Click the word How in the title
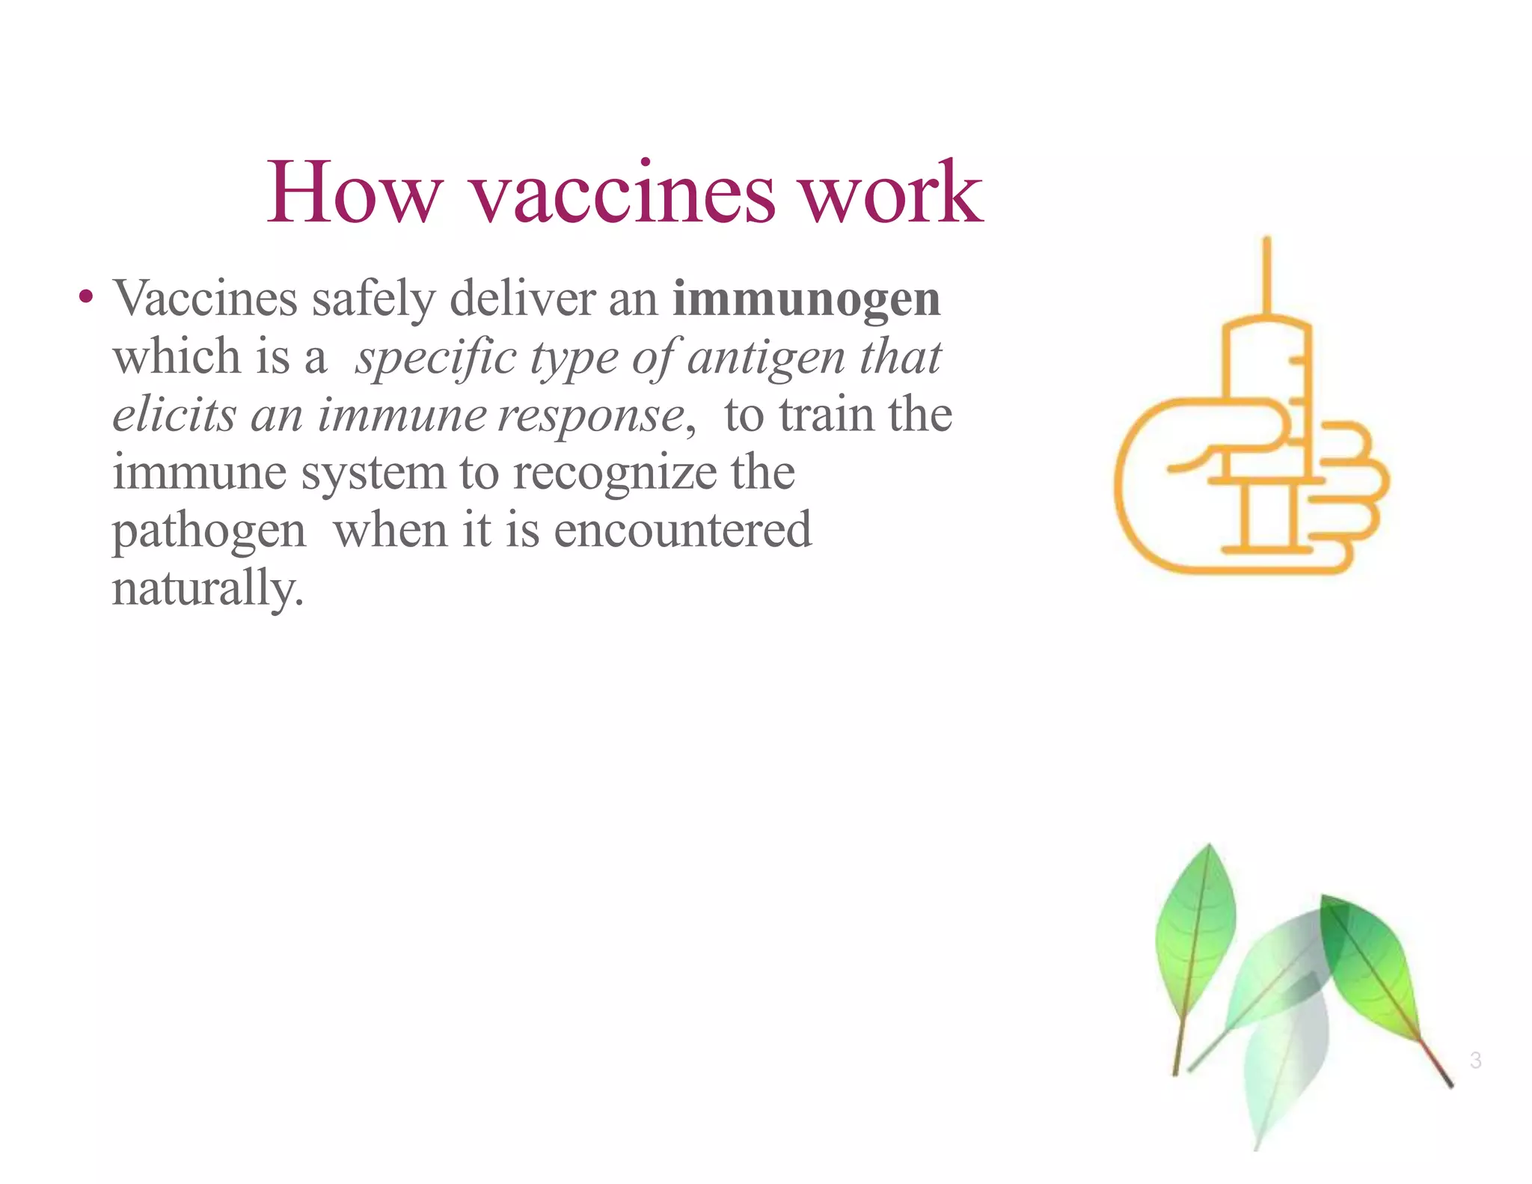(x=355, y=193)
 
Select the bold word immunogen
(x=806, y=299)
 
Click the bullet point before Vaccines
(x=86, y=297)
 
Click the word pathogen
(x=209, y=533)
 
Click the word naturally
(x=207, y=588)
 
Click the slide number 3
(x=1475, y=1060)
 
